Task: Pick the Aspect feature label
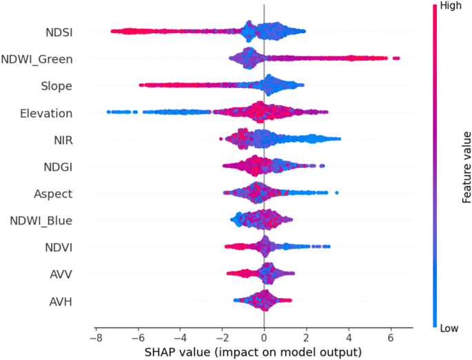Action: click(x=53, y=193)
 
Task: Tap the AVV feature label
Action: click(x=61, y=274)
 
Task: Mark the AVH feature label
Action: click(x=60, y=301)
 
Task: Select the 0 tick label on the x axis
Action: click(x=264, y=339)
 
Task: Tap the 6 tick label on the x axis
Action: click(x=391, y=339)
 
